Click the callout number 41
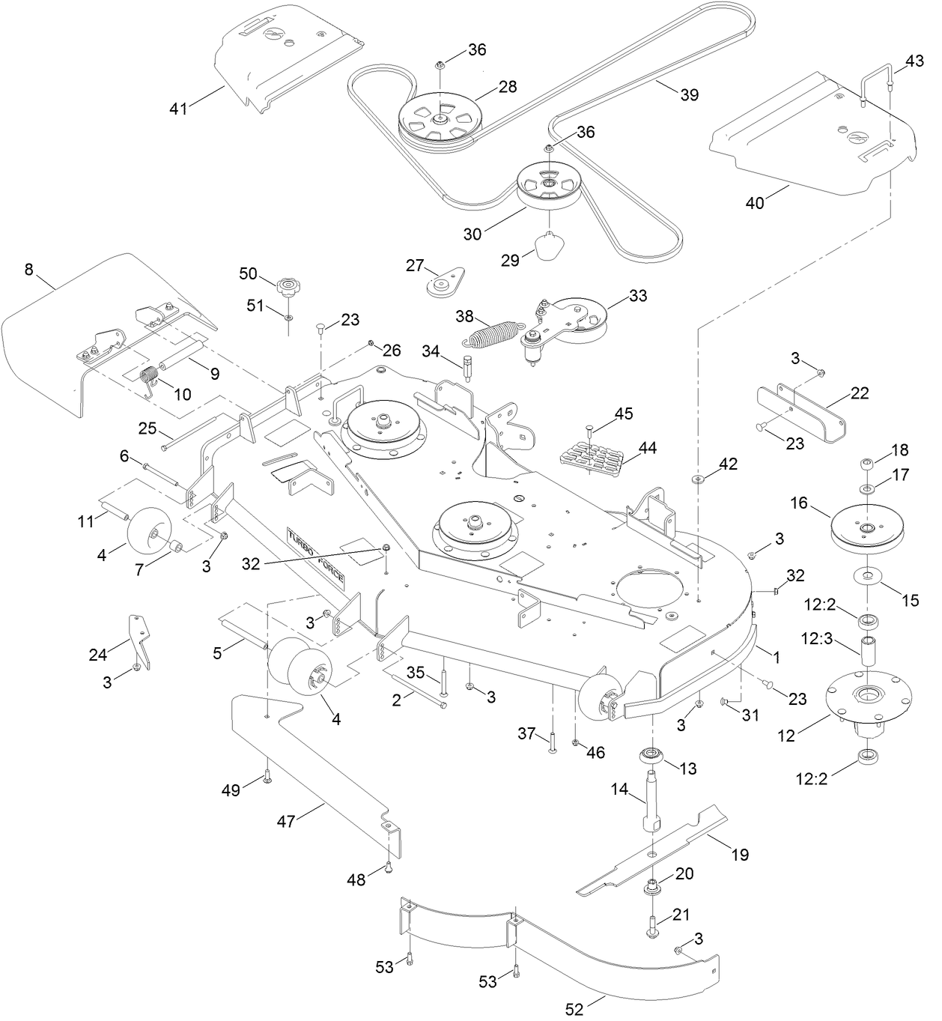click(x=177, y=108)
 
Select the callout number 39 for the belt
click(x=689, y=94)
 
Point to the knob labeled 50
click(x=286, y=285)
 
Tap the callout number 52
click(x=574, y=1008)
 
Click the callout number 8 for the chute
click(x=28, y=270)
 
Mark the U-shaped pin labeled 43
click(x=874, y=85)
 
